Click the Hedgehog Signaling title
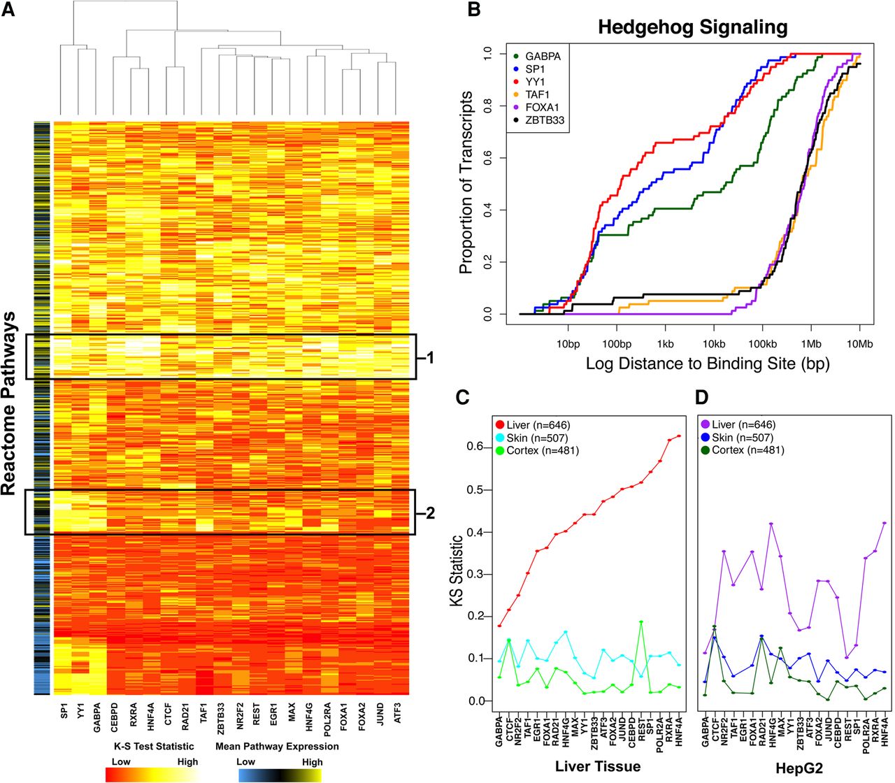(x=692, y=28)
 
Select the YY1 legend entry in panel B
(x=534, y=82)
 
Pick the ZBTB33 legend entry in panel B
(x=545, y=120)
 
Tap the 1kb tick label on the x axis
(x=665, y=344)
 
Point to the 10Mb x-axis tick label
(x=859, y=344)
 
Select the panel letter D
(x=703, y=398)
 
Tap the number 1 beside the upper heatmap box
(x=430, y=358)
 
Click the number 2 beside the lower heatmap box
(x=430, y=513)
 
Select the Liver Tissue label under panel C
(x=598, y=767)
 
